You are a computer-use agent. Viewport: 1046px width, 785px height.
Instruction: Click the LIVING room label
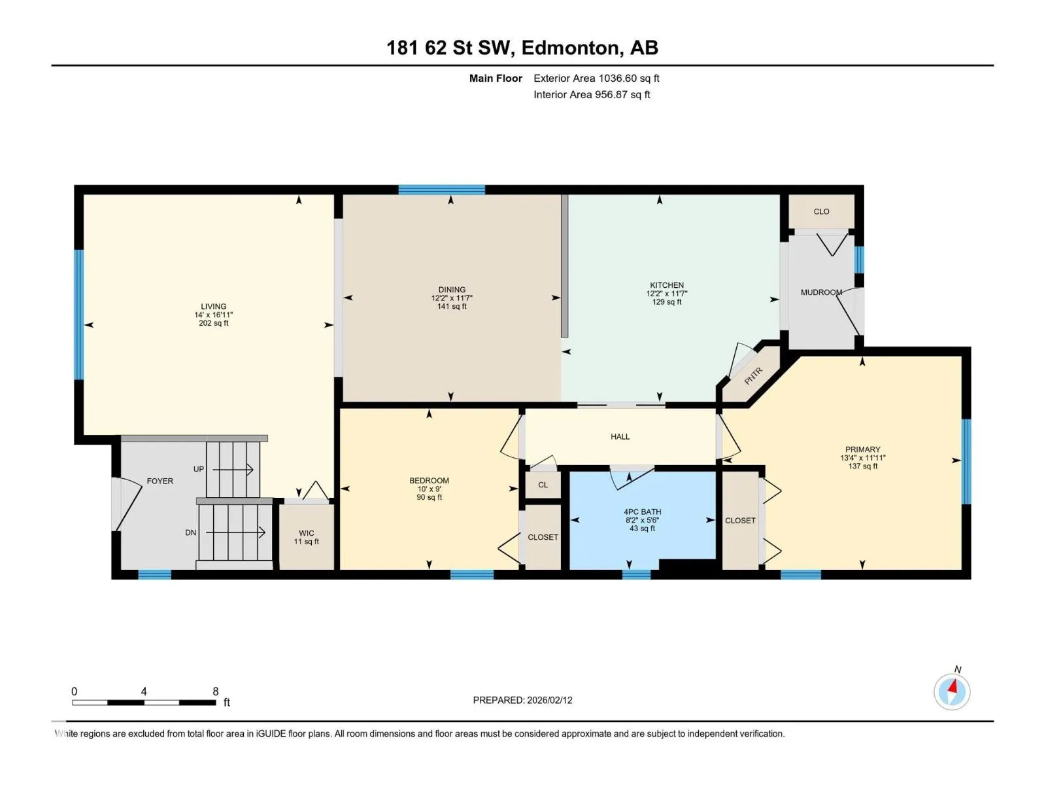pos(213,306)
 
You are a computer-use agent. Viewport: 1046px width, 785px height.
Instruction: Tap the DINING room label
pos(451,289)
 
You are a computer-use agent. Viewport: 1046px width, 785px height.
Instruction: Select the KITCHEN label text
pos(666,285)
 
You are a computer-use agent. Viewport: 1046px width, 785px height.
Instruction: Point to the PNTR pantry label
pos(753,376)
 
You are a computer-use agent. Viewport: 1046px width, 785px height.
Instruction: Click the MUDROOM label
pos(821,292)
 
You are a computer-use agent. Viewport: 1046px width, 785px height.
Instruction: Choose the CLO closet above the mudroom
pos(821,211)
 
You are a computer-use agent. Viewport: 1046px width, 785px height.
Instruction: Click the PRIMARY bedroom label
pos(862,449)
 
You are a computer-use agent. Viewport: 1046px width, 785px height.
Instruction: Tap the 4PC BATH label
pos(643,512)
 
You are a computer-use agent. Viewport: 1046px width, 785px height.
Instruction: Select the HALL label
pos(620,436)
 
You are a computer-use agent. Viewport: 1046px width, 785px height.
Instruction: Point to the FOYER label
pos(160,481)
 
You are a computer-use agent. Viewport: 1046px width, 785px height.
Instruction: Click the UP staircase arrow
pos(233,470)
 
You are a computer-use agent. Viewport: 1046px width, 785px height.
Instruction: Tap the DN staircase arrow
pos(235,532)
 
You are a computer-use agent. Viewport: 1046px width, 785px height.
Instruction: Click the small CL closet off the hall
pos(543,485)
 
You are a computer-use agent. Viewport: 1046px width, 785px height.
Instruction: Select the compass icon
pos(952,691)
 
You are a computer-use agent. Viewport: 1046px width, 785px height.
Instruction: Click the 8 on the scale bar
pos(215,691)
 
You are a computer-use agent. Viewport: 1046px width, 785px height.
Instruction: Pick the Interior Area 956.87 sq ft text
pos(592,94)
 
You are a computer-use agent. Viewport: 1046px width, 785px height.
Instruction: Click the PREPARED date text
pos(522,700)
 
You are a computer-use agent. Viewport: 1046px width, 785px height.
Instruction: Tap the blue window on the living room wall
pos(78,315)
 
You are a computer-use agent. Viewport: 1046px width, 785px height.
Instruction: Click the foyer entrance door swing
pos(127,504)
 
